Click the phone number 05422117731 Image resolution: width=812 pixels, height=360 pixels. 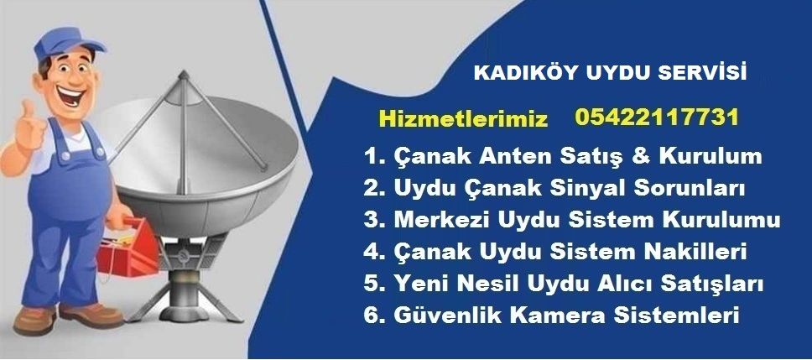click(x=657, y=117)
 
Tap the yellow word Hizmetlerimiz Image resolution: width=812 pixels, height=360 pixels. click(x=463, y=119)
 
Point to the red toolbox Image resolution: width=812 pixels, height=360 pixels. click(x=128, y=250)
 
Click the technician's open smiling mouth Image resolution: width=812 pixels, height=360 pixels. click(x=70, y=96)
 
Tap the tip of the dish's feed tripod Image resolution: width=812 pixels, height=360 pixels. click(x=183, y=74)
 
